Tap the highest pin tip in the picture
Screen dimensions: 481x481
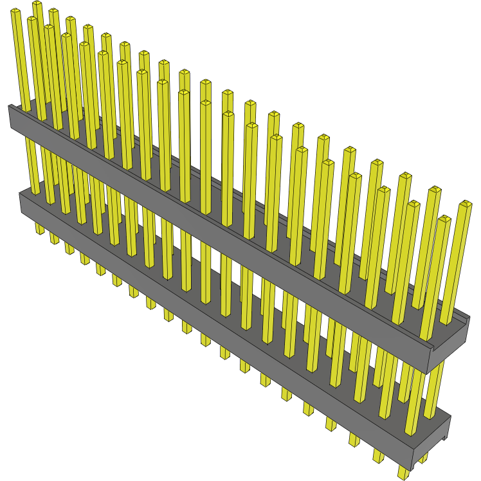click(37, 5)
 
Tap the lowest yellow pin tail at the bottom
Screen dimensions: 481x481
click(403, 474)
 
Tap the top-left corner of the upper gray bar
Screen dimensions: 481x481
click(10, 106)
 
